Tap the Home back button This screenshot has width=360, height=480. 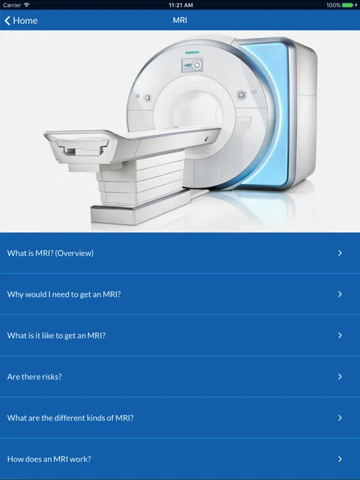point(21,21)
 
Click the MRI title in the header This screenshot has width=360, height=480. point(180,20)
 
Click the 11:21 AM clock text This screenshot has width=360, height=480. point(181,5)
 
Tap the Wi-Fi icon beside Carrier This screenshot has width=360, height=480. point(27,5)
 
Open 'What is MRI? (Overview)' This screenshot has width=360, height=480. point(51,253)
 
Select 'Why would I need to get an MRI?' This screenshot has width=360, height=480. point(64,294)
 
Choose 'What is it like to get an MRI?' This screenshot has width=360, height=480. point(56,336)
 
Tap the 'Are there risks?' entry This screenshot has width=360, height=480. point(34,377)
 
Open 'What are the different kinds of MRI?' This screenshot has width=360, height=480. point(71,418)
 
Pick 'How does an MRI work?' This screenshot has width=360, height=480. point(49,459)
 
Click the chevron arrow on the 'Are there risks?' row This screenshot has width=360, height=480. point(340,376)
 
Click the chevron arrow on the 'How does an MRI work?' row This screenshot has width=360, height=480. point(340,459)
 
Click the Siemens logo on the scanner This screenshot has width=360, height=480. point(192,52)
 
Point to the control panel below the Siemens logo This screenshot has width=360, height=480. point(192,65)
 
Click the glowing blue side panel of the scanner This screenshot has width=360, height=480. point(269,113)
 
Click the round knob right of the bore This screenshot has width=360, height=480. point(241,94)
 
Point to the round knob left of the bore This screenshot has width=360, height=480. point(147,97)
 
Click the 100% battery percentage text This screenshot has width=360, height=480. point(333,5)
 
